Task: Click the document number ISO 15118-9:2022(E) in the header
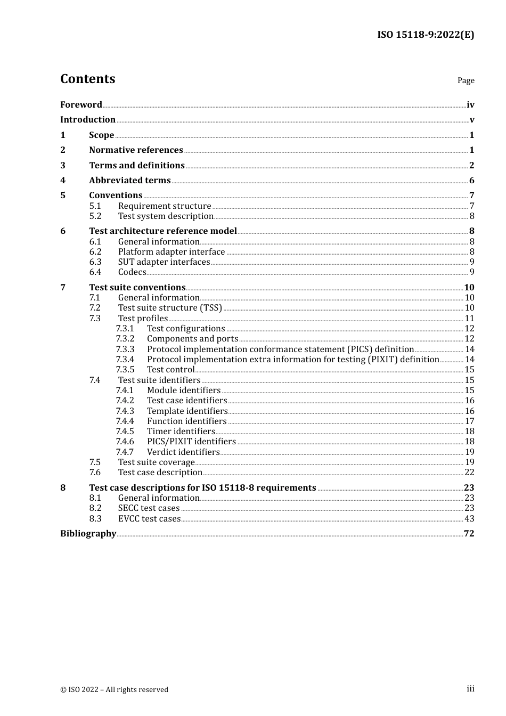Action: coord(426,35)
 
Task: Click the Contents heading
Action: coord(87,79)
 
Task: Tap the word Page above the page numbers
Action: coord(466,80)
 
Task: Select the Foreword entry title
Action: coord(81,105)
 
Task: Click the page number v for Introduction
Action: coord(471,120)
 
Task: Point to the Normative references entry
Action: coord(136,150)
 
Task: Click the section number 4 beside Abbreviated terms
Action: coord(63,181)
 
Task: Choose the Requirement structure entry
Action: coord(165,206)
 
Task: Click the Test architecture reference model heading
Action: coord(163,231)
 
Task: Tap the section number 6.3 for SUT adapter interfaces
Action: coord(95,262)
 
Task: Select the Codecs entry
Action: coord(132,272)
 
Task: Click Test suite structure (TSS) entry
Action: coord(170,308)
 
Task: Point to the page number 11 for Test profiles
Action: coord(469,319)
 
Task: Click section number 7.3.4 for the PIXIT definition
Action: coord(125,360)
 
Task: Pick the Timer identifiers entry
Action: coord(181,432)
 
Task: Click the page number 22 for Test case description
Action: coord(469,473)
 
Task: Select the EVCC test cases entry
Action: coord(149,519)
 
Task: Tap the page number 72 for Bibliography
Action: coord(469,534)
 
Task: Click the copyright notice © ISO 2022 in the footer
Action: coord(114,690)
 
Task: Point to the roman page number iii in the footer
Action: coord(470,689)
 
